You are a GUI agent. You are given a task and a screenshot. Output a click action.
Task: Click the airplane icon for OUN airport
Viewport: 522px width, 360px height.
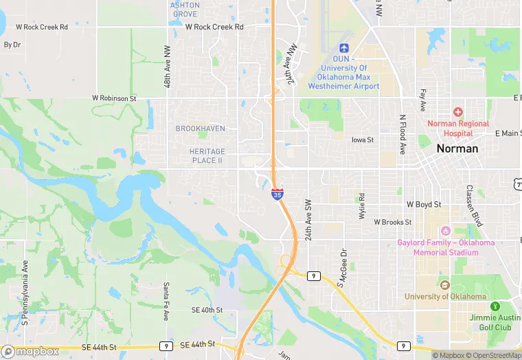(344, 48)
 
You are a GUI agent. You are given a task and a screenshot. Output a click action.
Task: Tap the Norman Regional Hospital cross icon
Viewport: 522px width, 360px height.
(457, 111)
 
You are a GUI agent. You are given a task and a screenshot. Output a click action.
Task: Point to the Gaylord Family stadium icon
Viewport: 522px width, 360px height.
(445, 231)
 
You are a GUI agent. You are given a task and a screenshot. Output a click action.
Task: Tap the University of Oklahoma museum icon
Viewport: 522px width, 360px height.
(444, 285)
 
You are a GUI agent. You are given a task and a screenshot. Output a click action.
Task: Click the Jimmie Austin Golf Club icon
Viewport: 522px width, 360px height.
(493, 306)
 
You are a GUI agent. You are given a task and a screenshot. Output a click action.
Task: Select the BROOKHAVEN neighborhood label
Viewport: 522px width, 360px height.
(200, 128)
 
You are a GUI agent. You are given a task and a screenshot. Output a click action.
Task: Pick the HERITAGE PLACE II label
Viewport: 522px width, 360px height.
(207, 155)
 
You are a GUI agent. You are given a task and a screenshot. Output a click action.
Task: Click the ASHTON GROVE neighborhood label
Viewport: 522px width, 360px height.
(185, 10)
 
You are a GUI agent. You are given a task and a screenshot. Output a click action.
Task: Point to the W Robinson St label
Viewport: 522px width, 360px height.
(115, 98)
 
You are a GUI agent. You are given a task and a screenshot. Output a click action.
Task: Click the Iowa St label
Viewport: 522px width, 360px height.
(362, 139)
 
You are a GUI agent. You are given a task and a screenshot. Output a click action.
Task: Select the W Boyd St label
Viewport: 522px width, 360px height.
(424, 204)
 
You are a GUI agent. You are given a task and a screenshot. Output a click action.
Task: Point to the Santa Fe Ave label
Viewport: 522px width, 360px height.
(166, 302)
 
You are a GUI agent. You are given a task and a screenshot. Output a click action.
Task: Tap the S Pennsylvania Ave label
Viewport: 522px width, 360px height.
(25, 293)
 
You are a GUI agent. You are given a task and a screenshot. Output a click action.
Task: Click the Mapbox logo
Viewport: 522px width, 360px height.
(30, 351)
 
